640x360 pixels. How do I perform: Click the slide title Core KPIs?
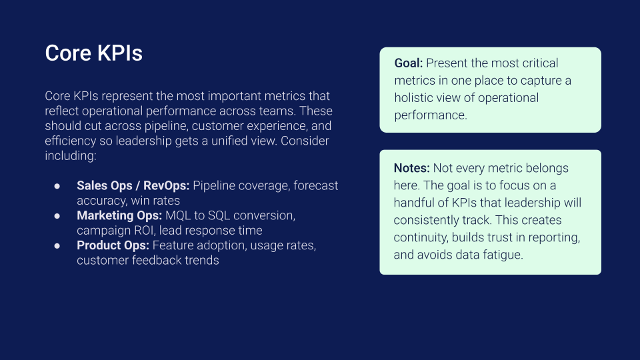point(94,53)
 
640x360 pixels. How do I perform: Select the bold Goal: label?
point(409,63)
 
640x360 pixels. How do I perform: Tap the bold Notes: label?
point(412,168)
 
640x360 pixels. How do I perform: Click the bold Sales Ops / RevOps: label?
point(133,186)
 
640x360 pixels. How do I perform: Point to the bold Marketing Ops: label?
point(119,215)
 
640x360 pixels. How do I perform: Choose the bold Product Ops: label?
point(113,245)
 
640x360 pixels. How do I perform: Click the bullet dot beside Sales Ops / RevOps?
point(57,186)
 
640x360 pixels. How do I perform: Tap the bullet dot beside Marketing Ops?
point(57,216)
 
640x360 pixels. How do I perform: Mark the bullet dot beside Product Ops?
point(57,246)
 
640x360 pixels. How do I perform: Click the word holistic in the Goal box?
point(412,98)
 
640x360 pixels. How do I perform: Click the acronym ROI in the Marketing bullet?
point(145,231)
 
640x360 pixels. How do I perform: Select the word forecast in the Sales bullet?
point(315,186)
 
